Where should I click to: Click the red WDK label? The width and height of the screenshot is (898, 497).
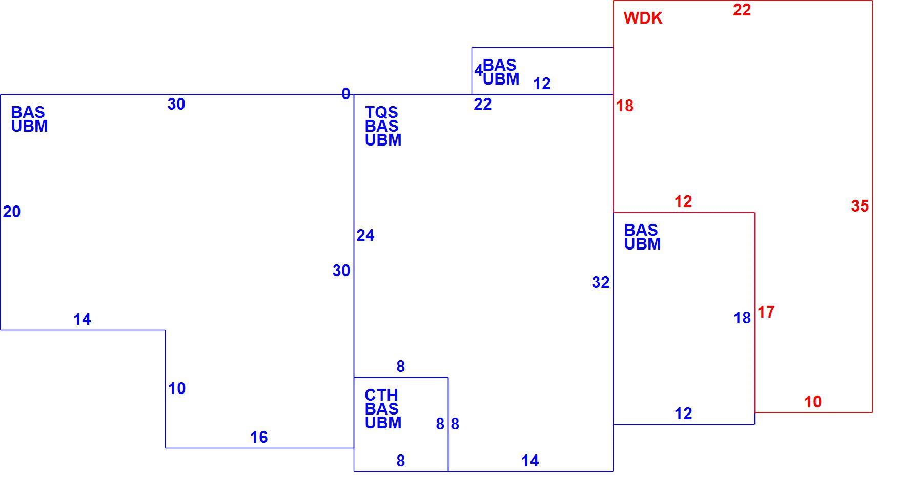coord(643,18)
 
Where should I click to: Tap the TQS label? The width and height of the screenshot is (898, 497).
coord(381,112)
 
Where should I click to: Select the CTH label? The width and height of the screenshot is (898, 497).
coord(381,395)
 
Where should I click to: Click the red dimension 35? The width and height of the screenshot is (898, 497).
coord(860,206)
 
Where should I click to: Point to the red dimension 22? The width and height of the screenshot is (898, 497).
coord(742,10)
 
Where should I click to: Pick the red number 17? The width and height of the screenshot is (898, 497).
coord(766,312)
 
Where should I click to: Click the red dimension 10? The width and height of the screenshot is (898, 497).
coord(813,402)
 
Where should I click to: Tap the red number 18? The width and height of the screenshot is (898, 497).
coord(625,106)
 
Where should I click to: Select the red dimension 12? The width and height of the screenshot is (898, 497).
coord(683,201)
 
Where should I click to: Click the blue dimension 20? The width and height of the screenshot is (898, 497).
coord(12,212)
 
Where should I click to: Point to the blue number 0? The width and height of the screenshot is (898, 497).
coord(346,94)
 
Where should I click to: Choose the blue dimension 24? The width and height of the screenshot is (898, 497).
coord(365,235)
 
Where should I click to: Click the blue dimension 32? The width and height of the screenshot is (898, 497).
coord(601,282)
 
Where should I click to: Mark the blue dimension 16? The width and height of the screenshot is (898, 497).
coord(259,437)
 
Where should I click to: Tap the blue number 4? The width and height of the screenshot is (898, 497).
coord(478,71)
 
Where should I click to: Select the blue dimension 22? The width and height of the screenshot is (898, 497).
coord(483,104)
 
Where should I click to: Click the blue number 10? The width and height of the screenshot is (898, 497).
coord(177,388)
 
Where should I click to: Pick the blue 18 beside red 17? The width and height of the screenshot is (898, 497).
coord(742,318)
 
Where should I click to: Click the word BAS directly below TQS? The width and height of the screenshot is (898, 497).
coord(382,126)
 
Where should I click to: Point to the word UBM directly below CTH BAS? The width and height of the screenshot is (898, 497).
coord(383,423)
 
